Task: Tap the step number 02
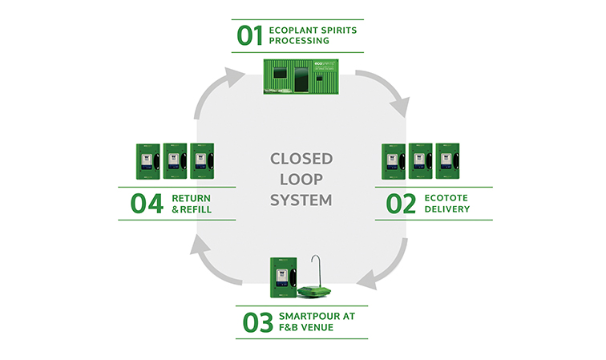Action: click(x=401, y=204)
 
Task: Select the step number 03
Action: click(x=257, y=322)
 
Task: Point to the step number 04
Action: click(x=147, y=204)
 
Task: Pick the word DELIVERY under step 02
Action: click(x=446, y=210)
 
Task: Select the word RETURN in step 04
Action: click(x=192, y=197)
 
